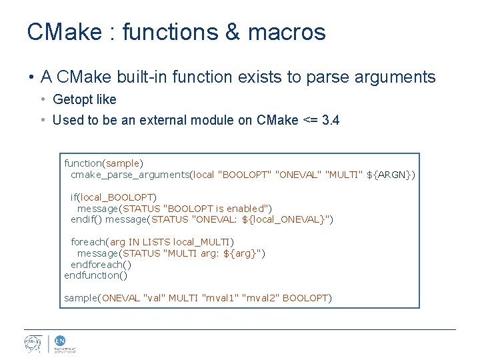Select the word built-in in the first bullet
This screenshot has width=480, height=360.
(x=141, y=77)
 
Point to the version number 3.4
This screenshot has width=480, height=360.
(x=330, y=121)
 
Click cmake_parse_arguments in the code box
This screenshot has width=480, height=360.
(x=130, y=175)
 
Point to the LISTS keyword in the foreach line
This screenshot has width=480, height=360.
(x=156, y=242)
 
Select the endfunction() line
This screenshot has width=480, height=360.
(x=95, y=275)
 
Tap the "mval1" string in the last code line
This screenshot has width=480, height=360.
(x=220, y=298)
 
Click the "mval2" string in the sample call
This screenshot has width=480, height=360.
(x=261, y=298)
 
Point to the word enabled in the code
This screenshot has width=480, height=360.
(x=247, y=208)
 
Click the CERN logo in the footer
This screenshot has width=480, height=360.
(x=33, y=344)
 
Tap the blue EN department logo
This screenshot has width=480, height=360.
(x=59, y=341)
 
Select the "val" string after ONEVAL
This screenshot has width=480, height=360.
(x=155, y=298)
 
